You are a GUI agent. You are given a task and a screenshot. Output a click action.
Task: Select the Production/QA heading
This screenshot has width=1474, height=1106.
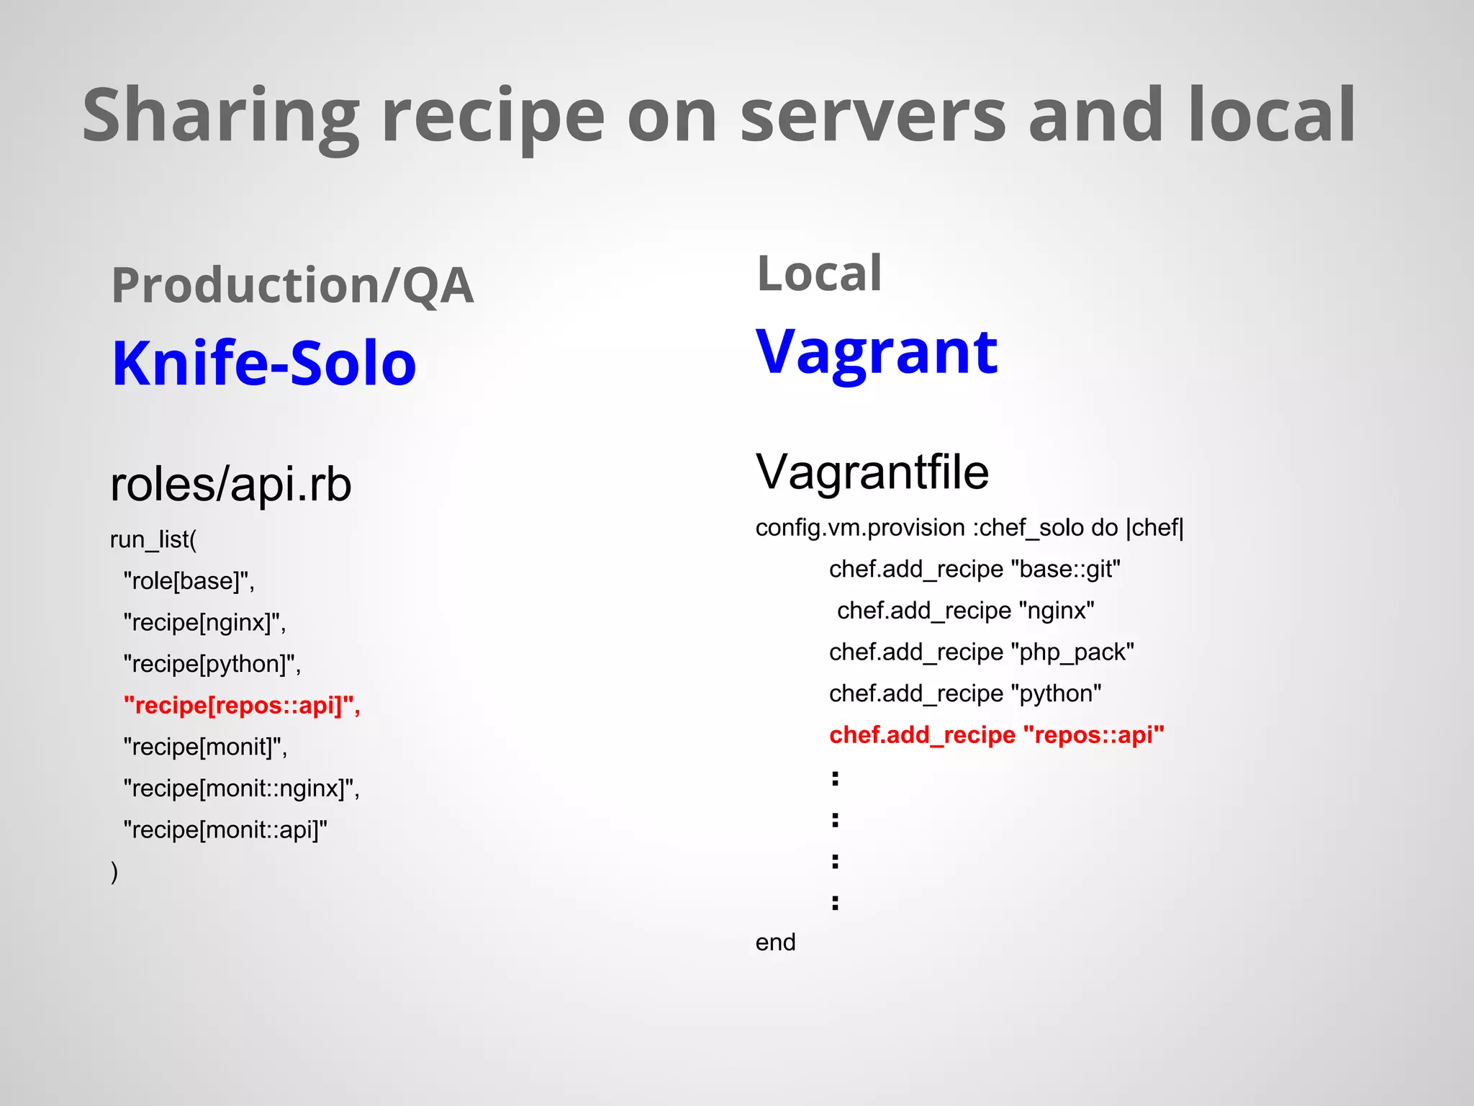point(292,286)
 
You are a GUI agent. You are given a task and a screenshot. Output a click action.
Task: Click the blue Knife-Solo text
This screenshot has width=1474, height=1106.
point(264,364)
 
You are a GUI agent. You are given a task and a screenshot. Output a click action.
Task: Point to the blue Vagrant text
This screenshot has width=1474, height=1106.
point(876,353)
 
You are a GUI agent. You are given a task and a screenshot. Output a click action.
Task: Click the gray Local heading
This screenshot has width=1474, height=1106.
point(818,274)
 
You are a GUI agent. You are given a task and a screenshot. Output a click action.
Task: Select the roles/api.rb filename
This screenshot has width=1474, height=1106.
point(230,484)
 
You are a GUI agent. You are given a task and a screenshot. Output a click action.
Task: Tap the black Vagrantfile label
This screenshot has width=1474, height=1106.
point(872,472)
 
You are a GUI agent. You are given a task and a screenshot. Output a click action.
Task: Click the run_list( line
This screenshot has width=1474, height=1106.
point(153,539)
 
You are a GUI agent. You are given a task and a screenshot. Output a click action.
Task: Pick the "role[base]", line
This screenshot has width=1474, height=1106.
point(189,581)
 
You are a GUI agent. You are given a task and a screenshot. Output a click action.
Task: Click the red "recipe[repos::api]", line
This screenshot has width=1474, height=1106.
point(242,706)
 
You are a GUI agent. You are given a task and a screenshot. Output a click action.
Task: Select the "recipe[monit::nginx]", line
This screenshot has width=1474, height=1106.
point(242,788)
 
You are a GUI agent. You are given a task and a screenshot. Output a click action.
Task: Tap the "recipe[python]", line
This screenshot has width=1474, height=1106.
point(212,664)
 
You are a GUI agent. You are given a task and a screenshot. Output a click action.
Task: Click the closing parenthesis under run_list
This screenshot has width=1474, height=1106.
point(114,872)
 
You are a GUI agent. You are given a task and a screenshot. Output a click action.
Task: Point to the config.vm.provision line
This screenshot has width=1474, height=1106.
point(969,528)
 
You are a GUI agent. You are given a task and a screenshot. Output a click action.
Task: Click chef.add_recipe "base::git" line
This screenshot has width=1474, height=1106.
point(975,570)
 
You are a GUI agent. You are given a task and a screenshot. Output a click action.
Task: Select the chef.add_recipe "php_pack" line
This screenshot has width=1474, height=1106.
point(981,652)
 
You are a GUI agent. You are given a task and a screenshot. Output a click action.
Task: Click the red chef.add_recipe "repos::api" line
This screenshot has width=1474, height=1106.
point(996,735)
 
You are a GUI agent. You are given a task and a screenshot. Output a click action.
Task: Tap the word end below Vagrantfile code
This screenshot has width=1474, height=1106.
point(775,943)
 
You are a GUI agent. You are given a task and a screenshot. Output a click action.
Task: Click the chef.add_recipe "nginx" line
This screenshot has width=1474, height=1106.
point(965,611)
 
